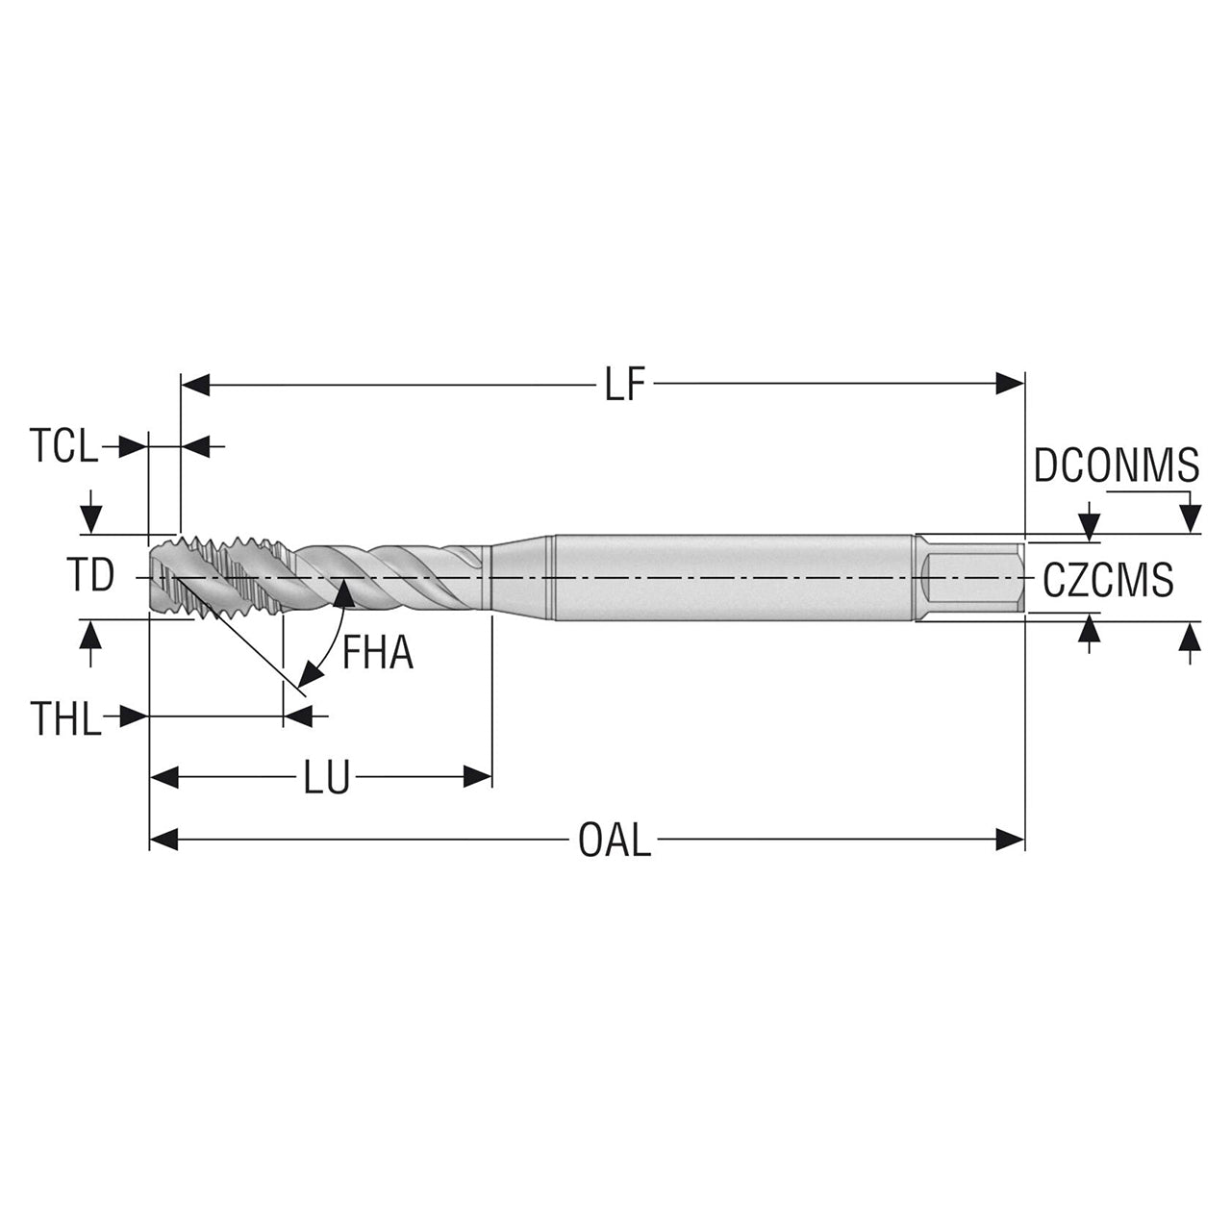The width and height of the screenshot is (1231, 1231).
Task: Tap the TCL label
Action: [x=63, y=446]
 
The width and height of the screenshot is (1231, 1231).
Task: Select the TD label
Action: [x=90, y=575]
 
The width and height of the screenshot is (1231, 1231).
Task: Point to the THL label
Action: [x=65, y=718]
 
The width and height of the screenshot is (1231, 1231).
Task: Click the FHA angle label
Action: [x=378, y=652]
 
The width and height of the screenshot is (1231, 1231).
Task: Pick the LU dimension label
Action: [x=326, y=777]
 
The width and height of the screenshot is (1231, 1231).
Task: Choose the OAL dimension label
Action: [x=615, y=840]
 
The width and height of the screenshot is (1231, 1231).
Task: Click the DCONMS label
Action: [x=1117, y=465]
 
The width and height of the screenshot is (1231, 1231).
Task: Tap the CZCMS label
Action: [x=1108, y=579]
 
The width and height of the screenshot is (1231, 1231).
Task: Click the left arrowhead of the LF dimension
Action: [x=195, y=386]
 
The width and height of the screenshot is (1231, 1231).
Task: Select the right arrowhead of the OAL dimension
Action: [x=1010, y=840]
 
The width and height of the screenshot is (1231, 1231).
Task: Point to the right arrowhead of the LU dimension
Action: [x=477, y=776]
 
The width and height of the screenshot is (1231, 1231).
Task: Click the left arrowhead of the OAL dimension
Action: [x=163, y=840]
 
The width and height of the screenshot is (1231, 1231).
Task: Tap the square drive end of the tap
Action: [x=969, y=577]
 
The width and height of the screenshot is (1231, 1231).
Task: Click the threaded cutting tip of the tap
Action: [x=223, y=578]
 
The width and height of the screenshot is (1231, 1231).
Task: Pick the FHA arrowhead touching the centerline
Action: [x=345, y=592]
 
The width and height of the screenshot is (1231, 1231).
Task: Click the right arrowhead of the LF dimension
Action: [x=1010, y=385]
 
